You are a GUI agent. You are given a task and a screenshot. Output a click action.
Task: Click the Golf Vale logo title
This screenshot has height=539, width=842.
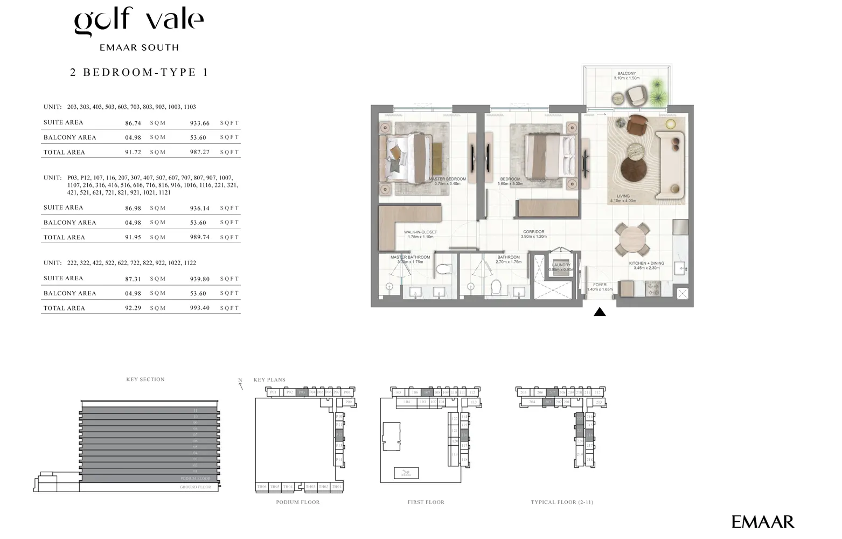138,20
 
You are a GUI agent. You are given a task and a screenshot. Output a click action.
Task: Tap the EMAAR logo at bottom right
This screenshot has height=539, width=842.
762,522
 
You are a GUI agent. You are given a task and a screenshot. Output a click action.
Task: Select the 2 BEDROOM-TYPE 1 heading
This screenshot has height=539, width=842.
139,73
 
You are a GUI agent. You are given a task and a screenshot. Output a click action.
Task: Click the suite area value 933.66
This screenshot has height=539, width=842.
199,123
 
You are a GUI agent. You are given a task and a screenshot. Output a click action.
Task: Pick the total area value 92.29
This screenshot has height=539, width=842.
133,308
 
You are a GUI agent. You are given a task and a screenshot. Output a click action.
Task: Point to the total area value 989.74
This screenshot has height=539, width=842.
199,237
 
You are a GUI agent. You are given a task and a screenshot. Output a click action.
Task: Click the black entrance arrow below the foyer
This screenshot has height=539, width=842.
600,312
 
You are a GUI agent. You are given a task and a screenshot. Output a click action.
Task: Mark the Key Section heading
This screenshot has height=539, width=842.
145,379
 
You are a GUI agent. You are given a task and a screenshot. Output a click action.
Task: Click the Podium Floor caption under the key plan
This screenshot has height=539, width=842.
298,502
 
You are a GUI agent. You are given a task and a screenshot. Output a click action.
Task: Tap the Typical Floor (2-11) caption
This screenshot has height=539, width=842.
562,502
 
